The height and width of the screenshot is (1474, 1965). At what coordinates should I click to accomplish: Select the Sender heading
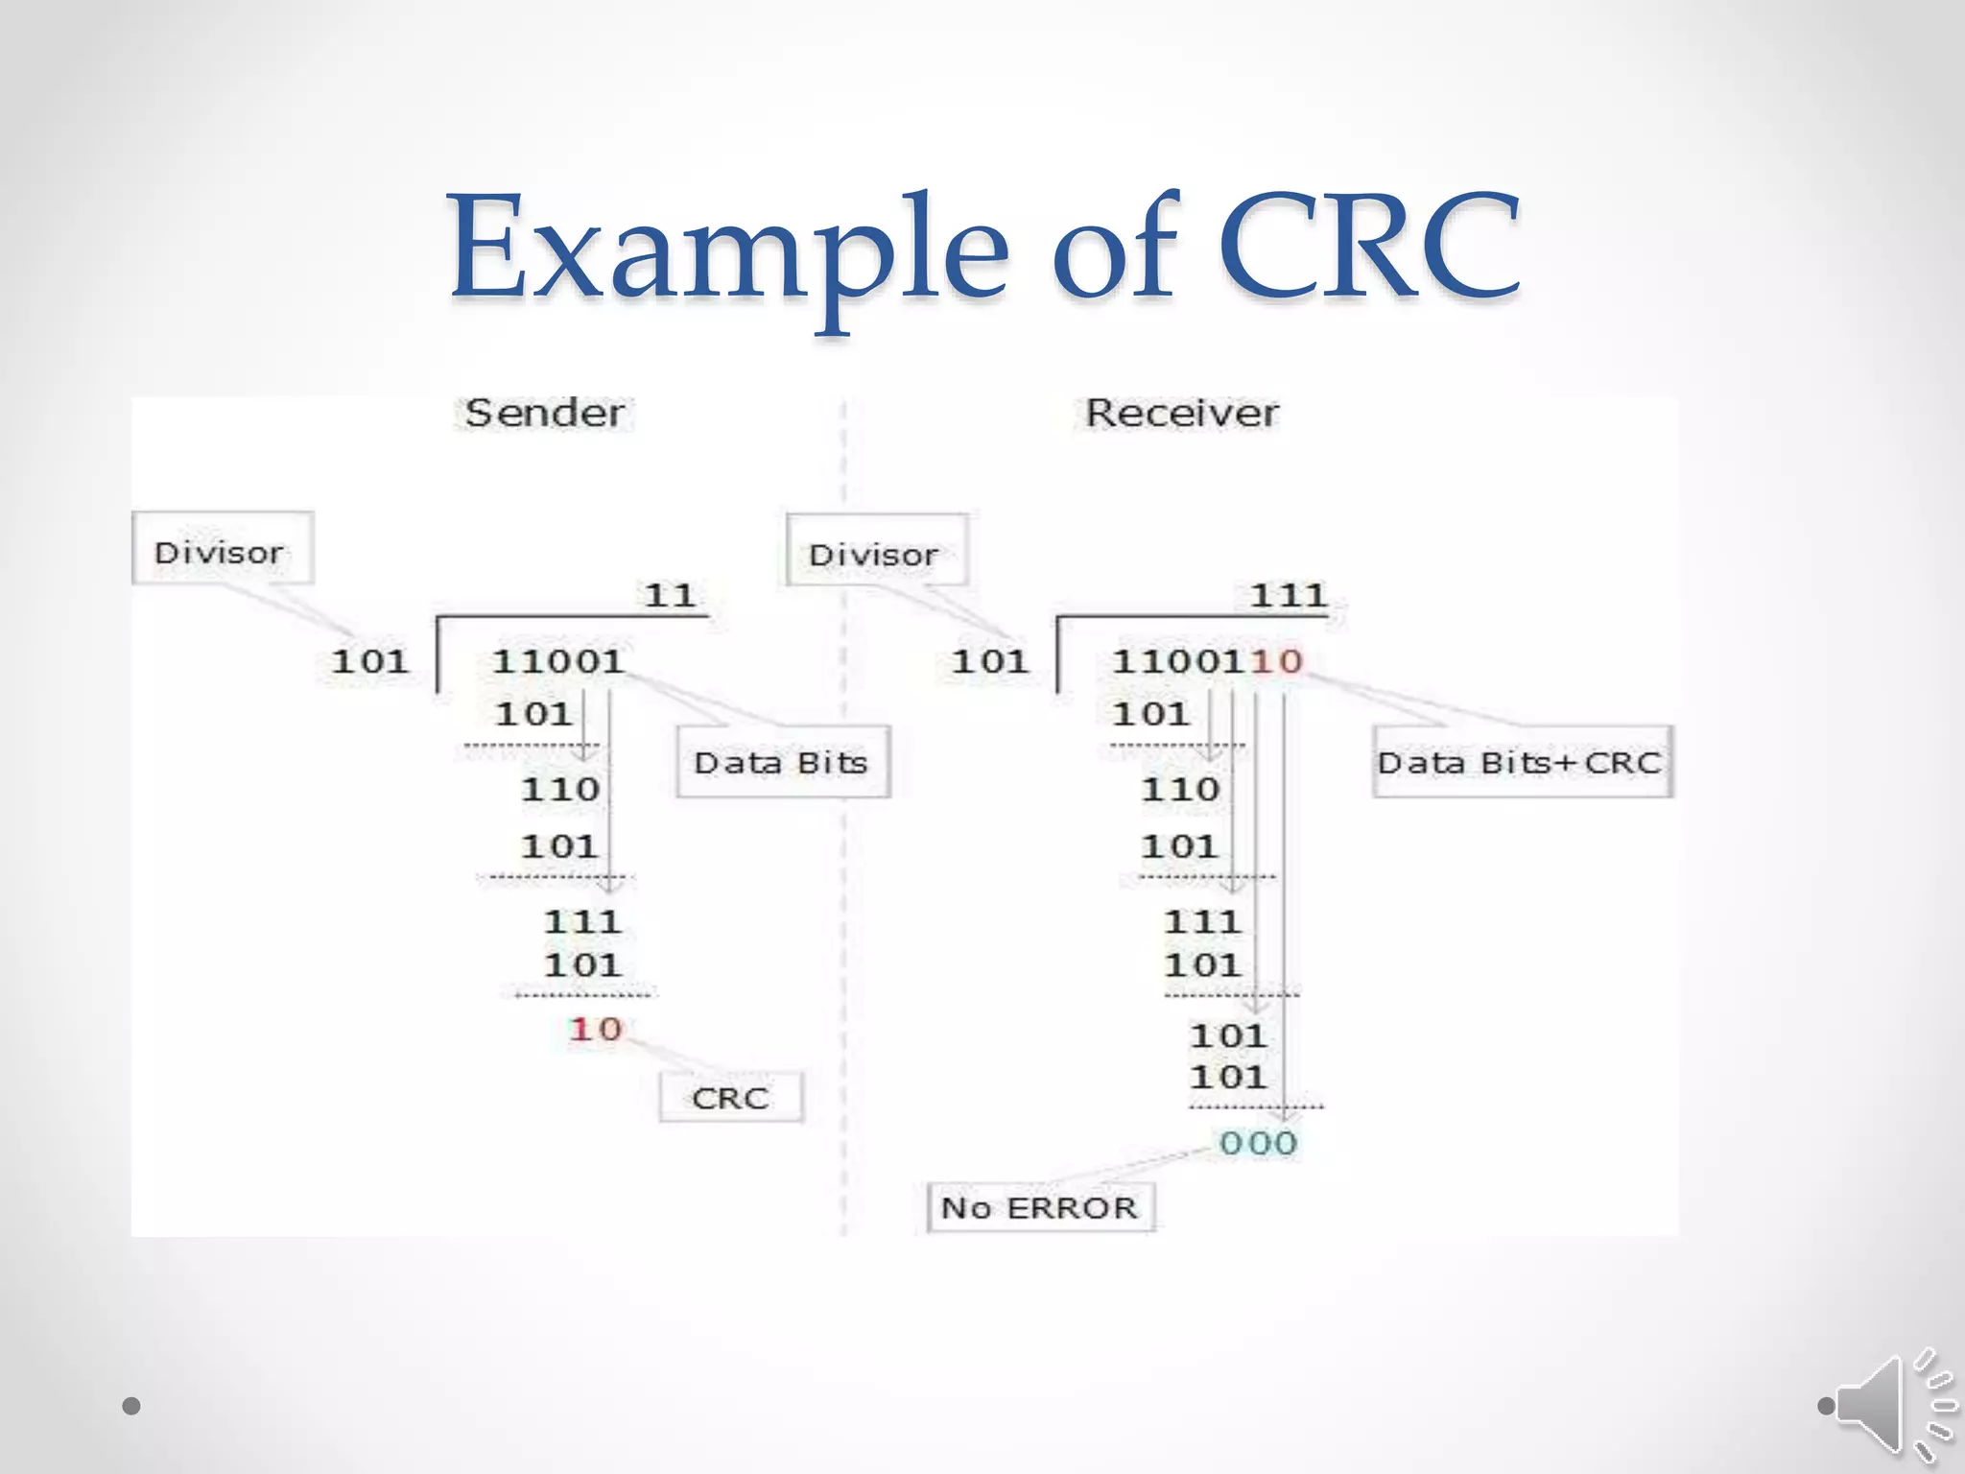click(x=544, y=414)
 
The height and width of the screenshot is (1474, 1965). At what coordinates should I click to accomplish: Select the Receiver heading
click(x=1181, y=414)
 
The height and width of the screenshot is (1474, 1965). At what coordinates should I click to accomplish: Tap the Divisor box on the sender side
click(x=222, y=549)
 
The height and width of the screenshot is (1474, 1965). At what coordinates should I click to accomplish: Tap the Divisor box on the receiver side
click(x=875, y=551)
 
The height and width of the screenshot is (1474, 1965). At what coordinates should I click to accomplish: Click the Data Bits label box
click(x=782, y=763)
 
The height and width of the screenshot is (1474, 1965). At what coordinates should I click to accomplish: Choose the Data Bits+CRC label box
click(x=1521, y=763)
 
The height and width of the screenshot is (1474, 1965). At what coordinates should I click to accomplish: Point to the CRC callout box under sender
click(x=730, y=1098)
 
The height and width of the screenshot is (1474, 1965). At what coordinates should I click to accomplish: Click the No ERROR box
click(x=1039, y=1207)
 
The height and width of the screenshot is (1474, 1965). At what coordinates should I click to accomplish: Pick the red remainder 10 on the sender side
click(x=596, y=1030)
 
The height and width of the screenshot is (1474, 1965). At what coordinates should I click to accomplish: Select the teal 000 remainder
click(x=1258, y=1143)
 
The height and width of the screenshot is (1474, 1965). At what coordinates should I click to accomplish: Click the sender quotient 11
click(x=670, y=596)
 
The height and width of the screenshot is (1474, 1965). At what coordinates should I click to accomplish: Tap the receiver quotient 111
click(x=1288, y=596)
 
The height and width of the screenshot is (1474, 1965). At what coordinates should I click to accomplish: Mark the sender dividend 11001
click(x=557, y=661)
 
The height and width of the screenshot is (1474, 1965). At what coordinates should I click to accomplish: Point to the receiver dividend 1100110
click(x=1206, y=661)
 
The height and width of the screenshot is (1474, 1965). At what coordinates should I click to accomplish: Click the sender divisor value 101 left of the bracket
click(x=370, y=661)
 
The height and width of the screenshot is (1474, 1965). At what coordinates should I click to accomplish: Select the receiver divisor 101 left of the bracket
click(x=990, y=661)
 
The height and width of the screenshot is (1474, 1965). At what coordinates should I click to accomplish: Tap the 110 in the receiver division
click(x=1180, y=790)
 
